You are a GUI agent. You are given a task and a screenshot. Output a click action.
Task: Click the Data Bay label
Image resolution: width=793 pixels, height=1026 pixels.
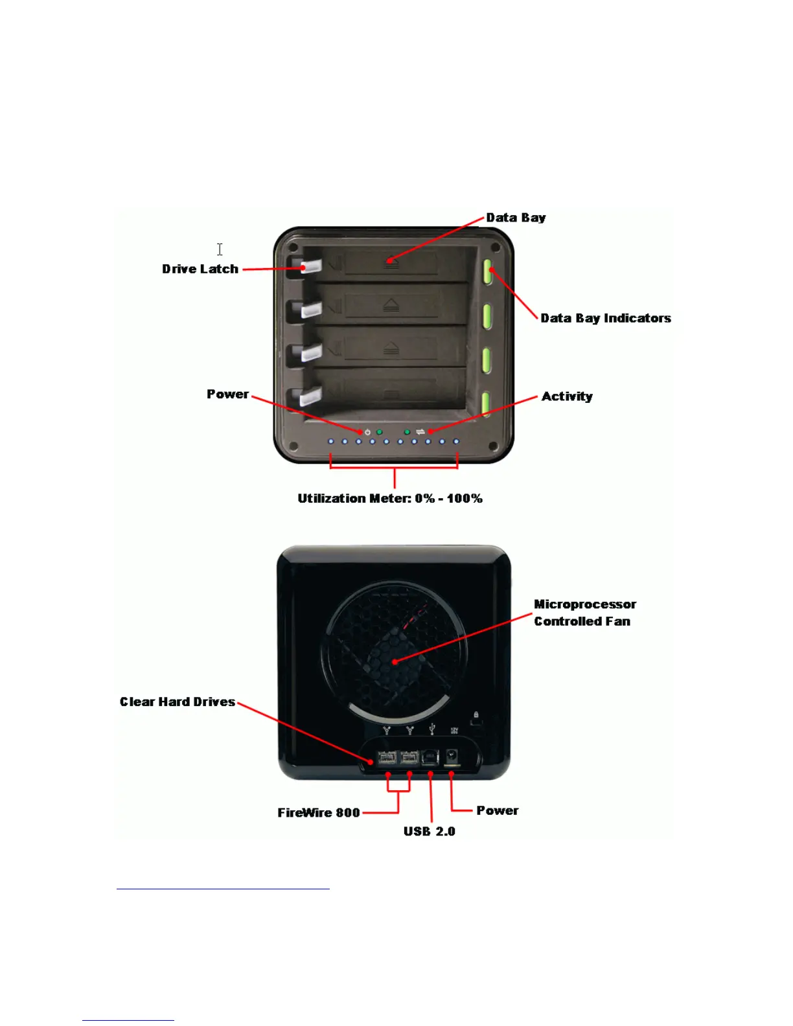click(516, 218)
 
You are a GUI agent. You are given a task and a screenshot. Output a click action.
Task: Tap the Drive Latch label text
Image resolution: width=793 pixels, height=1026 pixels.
click(200, 269)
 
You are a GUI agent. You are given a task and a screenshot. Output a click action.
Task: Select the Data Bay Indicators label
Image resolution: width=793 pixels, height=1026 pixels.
click(606, 318)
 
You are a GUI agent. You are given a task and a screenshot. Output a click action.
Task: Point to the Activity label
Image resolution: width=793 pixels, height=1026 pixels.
click(567, 396)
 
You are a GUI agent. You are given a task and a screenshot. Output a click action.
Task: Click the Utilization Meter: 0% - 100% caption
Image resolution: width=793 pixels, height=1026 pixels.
click(390, 498)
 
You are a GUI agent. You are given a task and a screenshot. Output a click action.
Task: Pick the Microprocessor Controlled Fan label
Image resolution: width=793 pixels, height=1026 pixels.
click(584, 613)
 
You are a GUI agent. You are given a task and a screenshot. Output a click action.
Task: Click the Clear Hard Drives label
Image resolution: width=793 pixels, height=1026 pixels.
click(178, 701)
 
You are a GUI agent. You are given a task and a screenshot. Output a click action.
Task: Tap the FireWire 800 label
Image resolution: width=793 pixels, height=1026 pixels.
click(319, 812)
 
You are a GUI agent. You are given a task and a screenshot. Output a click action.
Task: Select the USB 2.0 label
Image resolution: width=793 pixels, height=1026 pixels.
click(430, 831)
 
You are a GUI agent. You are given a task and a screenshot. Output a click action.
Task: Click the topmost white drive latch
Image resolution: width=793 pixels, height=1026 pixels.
click(311, 266)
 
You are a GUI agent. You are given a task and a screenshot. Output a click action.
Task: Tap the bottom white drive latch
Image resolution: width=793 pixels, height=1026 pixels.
click(311, 395)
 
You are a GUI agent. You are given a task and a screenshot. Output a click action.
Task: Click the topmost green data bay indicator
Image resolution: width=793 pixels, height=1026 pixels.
click(487, 272)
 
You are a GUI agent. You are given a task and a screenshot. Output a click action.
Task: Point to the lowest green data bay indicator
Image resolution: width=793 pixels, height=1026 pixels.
click(485, 403)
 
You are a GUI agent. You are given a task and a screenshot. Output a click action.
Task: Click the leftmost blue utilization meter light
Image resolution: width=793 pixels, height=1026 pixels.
click(331, 442)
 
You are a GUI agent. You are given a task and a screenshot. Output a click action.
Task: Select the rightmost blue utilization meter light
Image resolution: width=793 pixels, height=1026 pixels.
click(456, 442)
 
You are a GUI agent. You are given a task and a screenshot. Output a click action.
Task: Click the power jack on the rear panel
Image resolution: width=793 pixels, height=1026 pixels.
click(453, 756)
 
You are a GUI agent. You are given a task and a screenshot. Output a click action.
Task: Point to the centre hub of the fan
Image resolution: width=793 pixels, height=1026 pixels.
click(395, 661)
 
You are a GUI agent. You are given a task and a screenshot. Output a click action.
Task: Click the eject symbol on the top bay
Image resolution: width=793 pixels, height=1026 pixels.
click(391, 262)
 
